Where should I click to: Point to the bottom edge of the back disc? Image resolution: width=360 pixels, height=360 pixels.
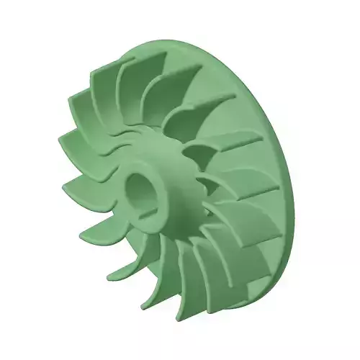pos(238,320)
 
